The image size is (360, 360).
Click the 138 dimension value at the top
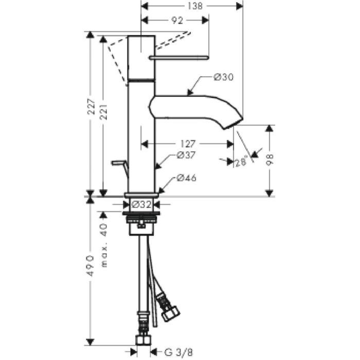pyautogui.click(x=195, y=6)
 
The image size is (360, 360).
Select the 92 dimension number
pyautogui.click(x=177, y=21)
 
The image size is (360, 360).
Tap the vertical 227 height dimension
pyautogui.click(x=92, y=106)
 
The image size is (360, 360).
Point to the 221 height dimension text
pyautogui.click(x=104, y=112)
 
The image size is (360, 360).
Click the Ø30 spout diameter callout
pyautogui.click(x=223, y=77)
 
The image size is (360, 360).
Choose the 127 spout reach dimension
pyautogui.click(x=188, y=144)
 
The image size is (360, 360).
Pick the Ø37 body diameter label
pyautogui.click(x=186, y=155)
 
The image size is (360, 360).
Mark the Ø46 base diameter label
pyautogui.click(x=187, y=178)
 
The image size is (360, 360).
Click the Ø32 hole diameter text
pyautogui.click(x=142, y=204)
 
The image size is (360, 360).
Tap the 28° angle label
pyautogui.click(x=242, y=161)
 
